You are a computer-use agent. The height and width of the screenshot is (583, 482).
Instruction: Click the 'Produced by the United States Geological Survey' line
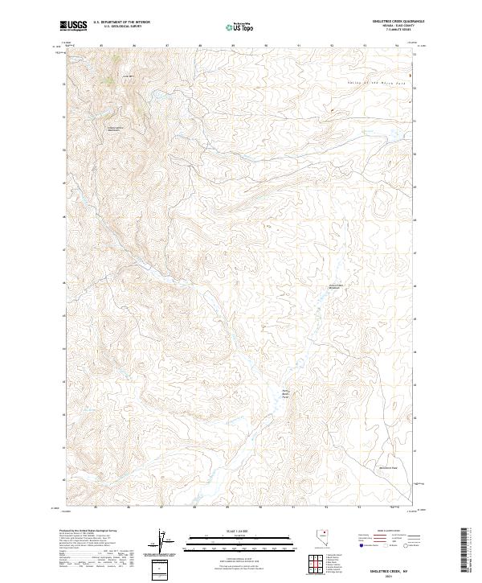(88, 532)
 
